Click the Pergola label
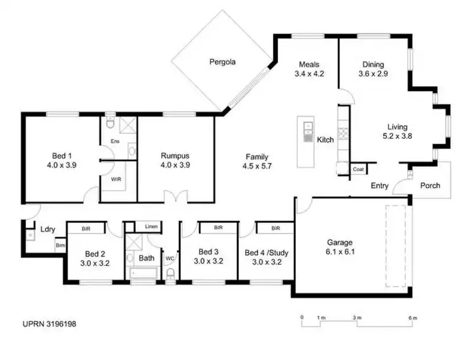[x=223, y=62]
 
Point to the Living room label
[x=398, y=126]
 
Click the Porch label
[x=430, y=186]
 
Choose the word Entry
[x=380, y=186]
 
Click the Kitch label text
[x=325, y=140]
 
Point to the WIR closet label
[x=116, y=179]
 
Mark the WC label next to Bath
[x=169, y=258]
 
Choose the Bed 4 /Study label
[x=266, y=253]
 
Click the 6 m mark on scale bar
[x=412, y=316]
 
